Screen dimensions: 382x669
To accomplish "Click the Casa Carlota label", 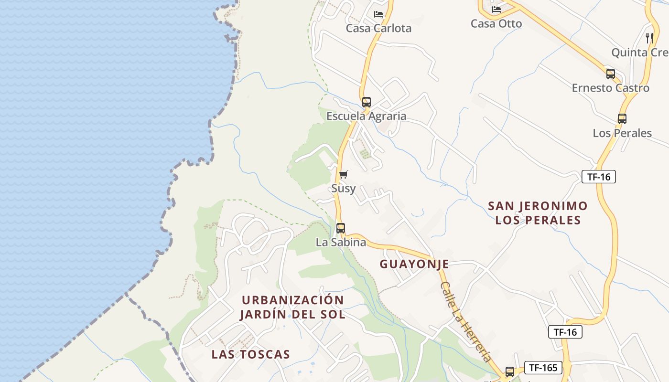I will (378, 28).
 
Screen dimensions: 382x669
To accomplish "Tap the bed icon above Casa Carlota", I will (378, 14).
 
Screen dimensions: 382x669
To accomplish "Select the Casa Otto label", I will (496, 23).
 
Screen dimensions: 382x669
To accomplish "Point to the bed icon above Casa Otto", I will (496, 9).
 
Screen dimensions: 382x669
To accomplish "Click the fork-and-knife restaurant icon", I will (649, 38).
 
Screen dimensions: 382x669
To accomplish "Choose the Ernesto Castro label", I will (610, 88).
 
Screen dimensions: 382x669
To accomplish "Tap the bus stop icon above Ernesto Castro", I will (610, 74).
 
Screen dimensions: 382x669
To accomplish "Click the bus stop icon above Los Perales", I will (622, 119).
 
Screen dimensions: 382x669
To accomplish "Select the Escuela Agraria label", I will (366, 116).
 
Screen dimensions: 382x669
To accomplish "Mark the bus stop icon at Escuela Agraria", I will (366, 102).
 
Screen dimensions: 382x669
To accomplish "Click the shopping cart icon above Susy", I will (343, 174).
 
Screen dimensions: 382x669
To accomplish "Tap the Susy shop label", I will (343, 188).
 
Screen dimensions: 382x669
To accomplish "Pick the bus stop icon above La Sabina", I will (340, 228).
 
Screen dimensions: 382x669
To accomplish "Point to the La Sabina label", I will (341, 242).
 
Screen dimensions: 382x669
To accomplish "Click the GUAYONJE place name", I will (414, 264).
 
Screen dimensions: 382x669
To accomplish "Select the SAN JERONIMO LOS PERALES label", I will (538, 213).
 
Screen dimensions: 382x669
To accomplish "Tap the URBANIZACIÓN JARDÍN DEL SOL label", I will (292, 307).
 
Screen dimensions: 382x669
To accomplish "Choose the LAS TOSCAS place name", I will (251, 354).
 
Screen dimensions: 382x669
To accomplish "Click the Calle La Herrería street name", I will (466, 321).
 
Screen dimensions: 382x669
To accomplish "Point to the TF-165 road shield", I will (543, 368).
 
